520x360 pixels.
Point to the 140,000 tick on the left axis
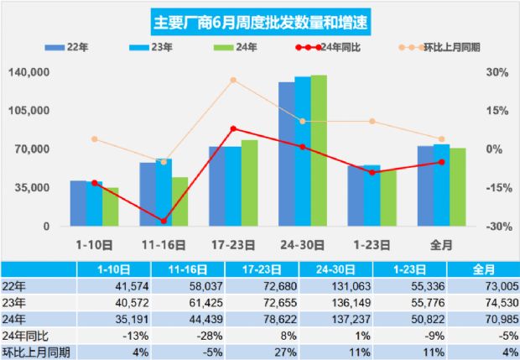(x=29, y=73)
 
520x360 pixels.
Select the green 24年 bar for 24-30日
(x=319, y=151)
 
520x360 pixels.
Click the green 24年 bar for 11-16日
(x=179, y=201)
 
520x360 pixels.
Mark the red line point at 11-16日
(x=164, y=222)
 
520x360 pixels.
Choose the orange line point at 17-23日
(x=233, y=80)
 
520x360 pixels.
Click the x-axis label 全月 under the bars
(x=441, y=246)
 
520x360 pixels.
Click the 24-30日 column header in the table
(x=335, y=271)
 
